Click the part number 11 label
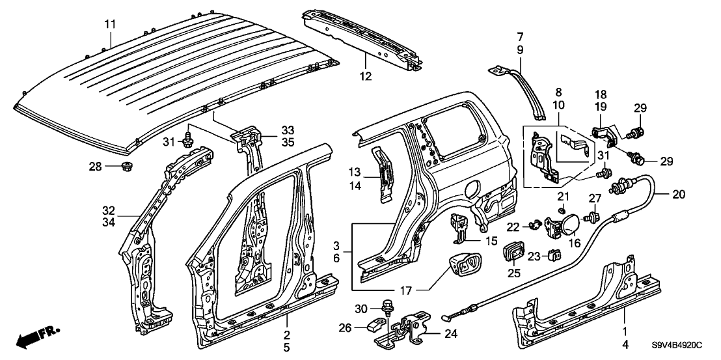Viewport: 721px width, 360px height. tap(110, 24)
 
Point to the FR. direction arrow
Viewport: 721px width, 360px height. tap(36, 337)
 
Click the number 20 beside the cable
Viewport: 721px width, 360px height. tap(678, 194)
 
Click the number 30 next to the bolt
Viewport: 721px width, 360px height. tap(362, 307)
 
